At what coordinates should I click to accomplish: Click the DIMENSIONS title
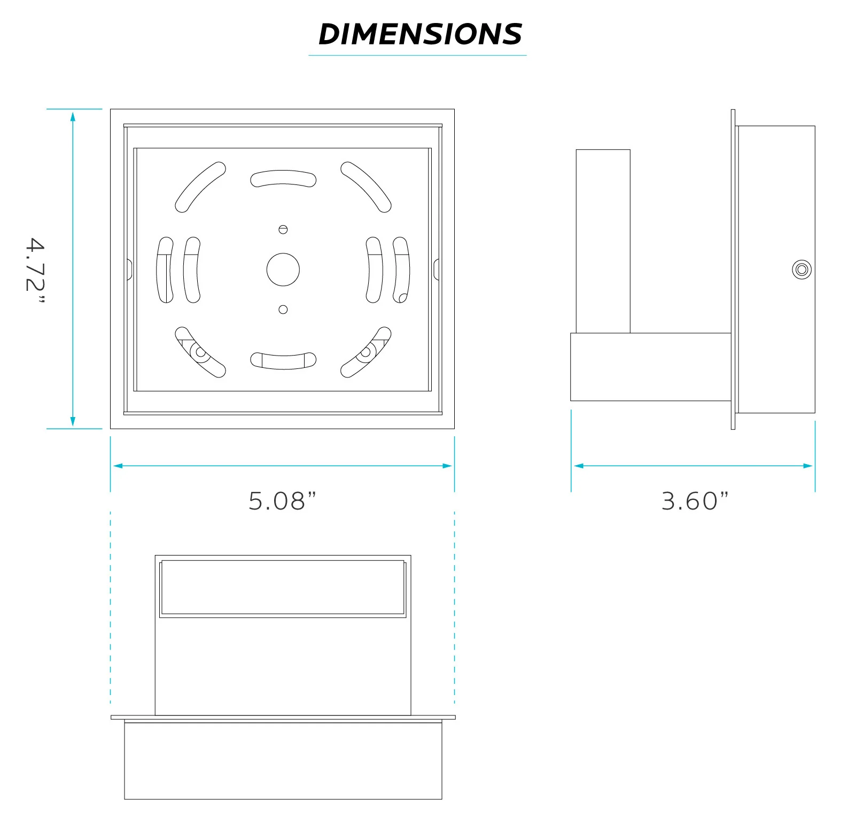coord(420,34)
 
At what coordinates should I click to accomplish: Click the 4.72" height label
coord(35,270)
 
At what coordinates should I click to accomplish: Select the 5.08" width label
coord(282,501)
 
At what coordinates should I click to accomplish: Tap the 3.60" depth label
coord(695,501)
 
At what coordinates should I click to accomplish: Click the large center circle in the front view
coord(283,269)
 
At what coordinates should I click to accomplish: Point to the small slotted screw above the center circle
coord(283,229)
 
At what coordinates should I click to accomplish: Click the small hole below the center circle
coord(283,310)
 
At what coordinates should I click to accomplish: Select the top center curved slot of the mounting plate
coord(283,178)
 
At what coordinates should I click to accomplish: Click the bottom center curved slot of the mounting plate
coord(283,361)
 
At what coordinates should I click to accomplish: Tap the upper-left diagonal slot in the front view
coord(200,187)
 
